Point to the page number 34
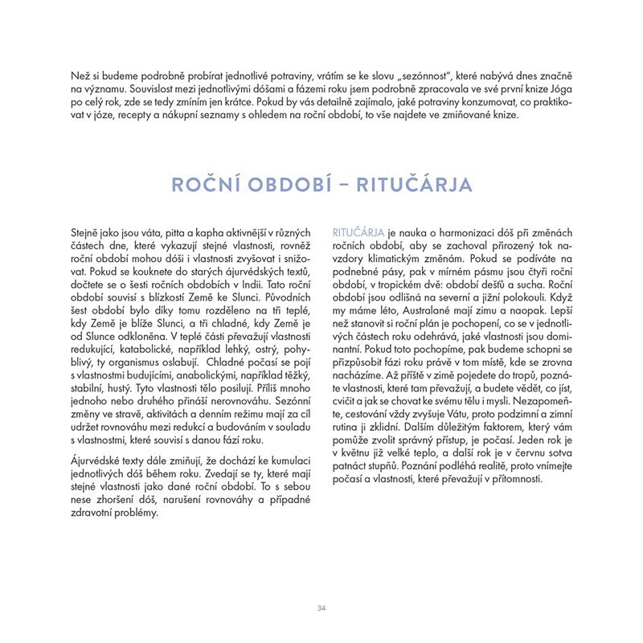[x=321, y=608]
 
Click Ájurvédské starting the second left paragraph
[x=88, y=461]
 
